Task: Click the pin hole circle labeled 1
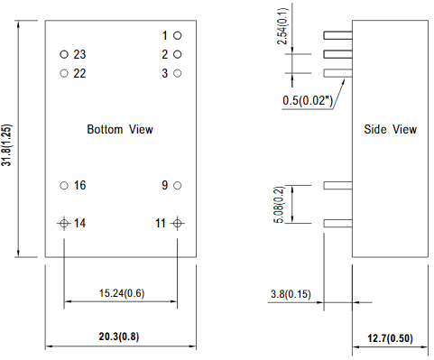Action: (178, 35)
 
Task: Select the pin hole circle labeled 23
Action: (64, 54)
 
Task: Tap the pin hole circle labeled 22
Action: (64, 73)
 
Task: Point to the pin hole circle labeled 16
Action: (64, 185)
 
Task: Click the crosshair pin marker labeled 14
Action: (64, 222)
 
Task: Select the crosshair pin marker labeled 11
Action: (178, 222)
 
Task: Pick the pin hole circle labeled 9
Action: (178, 185)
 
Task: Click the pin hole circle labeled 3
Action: (178, 73)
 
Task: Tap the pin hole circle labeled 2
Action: (178, 54)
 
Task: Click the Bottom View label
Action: (120, 129)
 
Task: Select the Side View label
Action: (390, 129)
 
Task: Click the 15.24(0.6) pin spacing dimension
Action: (120, 292)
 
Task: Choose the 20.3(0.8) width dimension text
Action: (120, 336)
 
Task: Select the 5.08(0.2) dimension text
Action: (281, 203)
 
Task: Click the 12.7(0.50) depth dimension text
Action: (389, 338)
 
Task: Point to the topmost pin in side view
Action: (337, 36)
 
